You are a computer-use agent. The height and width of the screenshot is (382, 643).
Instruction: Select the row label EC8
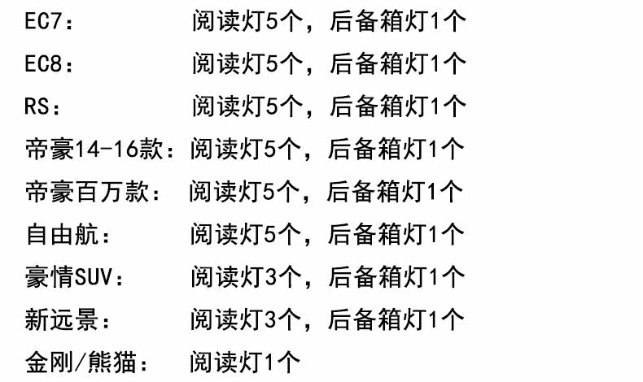[x=46, y=63]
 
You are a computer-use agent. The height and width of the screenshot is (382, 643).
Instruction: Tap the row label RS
[x=41, y=106]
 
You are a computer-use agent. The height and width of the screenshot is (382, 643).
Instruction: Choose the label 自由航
[x=66, y=235]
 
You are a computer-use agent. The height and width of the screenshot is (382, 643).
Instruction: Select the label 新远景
[x=65, y=319]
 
